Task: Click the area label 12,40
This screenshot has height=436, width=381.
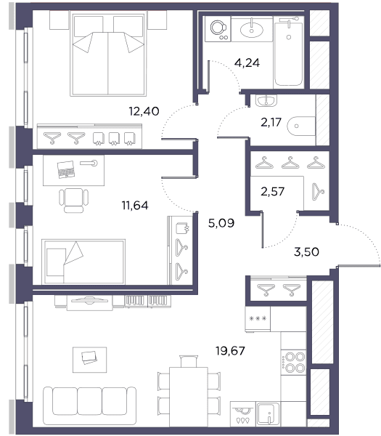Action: pyautogui.click(x=144, y=111)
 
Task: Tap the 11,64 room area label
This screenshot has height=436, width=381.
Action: pyautogui.click(x=135, y=206)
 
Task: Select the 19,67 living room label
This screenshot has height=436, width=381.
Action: pyautogui.click(x=231, y=351)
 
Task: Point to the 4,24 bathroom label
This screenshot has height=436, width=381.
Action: pyautogui.click(x=247, y=63)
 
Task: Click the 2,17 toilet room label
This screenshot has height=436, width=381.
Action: pyautogui.click(x=271, y=122)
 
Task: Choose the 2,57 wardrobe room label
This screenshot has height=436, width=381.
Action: pyautogui.click(x=273, y=192)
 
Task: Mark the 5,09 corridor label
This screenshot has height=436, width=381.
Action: pyautogui.click(x=221, y=223)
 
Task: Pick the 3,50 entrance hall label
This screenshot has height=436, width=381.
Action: pyautogui.click(x=306, y=252)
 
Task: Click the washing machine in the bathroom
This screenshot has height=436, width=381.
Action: pyautogui.click(x=218, y=28)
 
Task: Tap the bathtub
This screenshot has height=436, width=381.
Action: pyautogui.click(x=289, y=52)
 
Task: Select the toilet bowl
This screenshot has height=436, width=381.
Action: pyautogui.click(x=301, y=126)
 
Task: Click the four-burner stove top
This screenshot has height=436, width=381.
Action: pyautogui.click(x=293, y=362)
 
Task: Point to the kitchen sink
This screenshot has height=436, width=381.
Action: pyautogui.click(x=268, y=414)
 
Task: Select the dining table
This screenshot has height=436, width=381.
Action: pyautogui.click(x=189, y=397)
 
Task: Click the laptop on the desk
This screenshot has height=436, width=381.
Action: pyautogui.click(x=66, y=169)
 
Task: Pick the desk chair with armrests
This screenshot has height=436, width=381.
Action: pyautogui.click(x=73, y=201)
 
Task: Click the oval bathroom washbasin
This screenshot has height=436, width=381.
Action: pyautogui.click(x=252, y=30)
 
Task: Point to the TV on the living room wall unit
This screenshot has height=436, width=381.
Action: pyautogui.click(x=89, y=300)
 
